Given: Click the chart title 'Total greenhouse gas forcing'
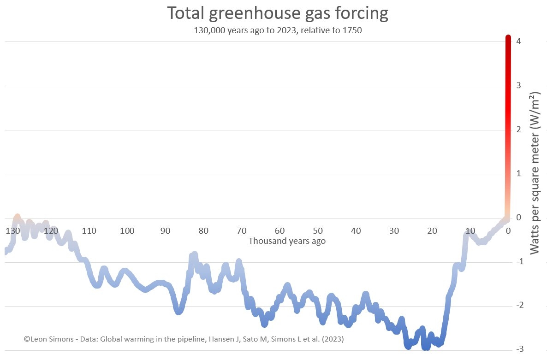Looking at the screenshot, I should [x=277, y=13].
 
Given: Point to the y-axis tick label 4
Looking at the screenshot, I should [x=519, y=41].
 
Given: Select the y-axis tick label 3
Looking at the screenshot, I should [x=519, y=85].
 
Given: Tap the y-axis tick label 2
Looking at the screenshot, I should [x=519, y=130].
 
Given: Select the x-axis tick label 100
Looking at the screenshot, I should [x=127, y=230].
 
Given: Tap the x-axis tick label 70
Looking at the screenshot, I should [x=242, y=230].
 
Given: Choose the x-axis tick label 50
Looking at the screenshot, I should [x=318, y=230].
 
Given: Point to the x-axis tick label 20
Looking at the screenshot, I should [x=432, y=230].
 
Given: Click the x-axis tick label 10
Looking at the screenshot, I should [x=470, y=230].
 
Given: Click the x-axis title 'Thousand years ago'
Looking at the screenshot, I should [x=287, y=241].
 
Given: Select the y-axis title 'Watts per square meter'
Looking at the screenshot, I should [x=535, y=173].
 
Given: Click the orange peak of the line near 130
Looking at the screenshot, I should [x=17, y=217].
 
